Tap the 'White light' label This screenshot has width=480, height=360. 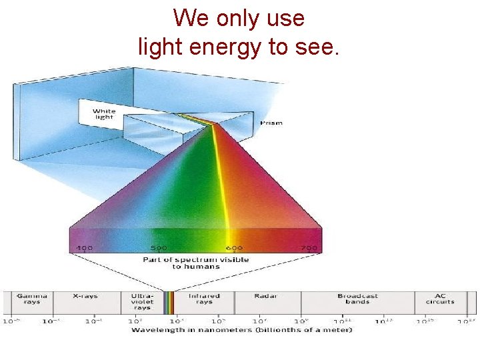tap(103, 114)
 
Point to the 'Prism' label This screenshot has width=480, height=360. tap(271, 123)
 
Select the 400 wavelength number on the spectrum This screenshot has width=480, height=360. tap(84, 248)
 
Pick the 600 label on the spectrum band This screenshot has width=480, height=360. tap(235, 248)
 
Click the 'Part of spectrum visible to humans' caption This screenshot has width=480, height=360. tap(196, 263)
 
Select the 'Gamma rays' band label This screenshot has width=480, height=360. tap(28, 299)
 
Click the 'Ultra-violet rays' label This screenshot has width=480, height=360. tap(143, 301)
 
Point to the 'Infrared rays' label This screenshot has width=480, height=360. tap(205, 299)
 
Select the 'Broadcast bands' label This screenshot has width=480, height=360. tap(357, 299)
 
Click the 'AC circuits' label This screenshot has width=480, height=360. tap(439, 299)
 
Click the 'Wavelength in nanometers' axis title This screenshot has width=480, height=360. tap(241, 330)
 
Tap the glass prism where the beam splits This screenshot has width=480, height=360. tap(213, 124)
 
